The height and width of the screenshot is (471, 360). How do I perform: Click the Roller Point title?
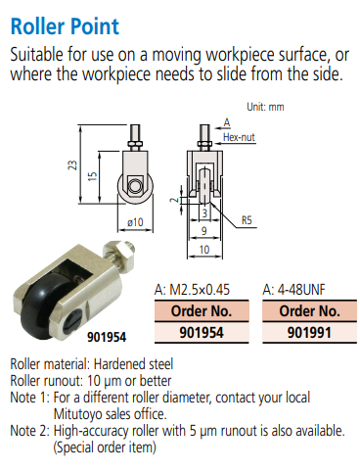[65, 26]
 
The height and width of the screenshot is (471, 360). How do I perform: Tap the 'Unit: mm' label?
[265, 107]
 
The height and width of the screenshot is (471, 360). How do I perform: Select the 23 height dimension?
[73, 165]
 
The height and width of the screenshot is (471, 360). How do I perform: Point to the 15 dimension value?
[93, 176]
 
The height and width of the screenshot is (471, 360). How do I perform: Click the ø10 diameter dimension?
[135, 222]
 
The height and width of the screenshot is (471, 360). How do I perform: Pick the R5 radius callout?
[247, 220]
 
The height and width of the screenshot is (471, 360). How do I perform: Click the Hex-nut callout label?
[239, 137]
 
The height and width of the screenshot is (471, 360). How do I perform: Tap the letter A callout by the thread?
[227, 122]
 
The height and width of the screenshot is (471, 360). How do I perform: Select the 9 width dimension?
[204, 231]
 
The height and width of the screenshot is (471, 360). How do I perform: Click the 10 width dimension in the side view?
[204, 250]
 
